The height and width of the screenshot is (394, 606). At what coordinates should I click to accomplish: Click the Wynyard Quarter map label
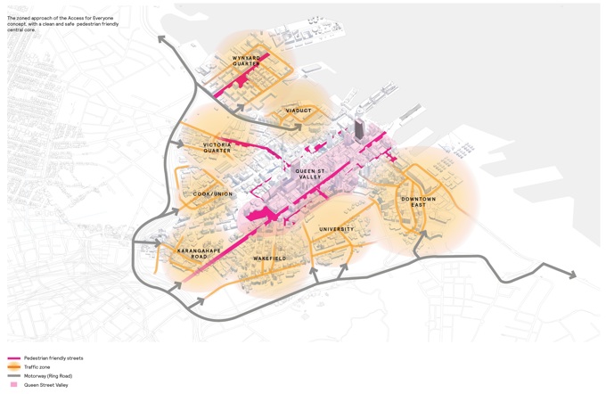[x=247, y=61]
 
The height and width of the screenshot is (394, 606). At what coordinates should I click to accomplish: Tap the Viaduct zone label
[x=299, y=111]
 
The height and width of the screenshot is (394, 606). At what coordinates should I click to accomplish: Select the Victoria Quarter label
[x=217, y=147]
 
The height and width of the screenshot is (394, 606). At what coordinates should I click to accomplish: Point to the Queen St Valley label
[x=309, y=173]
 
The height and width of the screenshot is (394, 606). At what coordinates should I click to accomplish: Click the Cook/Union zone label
[x=213, y=193]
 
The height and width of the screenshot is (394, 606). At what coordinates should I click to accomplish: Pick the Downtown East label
[x=418, y=201]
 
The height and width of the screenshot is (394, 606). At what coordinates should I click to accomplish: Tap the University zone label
[x=336, y=229]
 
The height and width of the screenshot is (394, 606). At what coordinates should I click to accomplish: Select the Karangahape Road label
[x=199, y=254]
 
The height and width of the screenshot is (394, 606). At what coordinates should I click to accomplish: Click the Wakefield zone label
[x=269, y=259]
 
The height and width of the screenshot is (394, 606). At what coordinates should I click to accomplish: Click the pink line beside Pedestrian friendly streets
[x=13, y=358]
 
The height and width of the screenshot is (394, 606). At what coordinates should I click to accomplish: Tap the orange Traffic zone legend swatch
[x=13, y=367]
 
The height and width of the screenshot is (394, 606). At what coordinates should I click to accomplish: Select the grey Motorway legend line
[x=13, y=376]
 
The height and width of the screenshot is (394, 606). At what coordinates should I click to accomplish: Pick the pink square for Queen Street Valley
[x=13, y=385]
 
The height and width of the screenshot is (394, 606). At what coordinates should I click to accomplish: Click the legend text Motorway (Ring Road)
[x=48, y=376]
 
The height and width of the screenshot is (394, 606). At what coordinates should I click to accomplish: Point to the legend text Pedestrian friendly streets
[x=53, y=358]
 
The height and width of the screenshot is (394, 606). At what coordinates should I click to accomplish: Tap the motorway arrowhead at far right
[x=570, y=275]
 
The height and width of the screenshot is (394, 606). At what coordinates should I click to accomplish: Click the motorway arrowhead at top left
[x=162, y=38]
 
